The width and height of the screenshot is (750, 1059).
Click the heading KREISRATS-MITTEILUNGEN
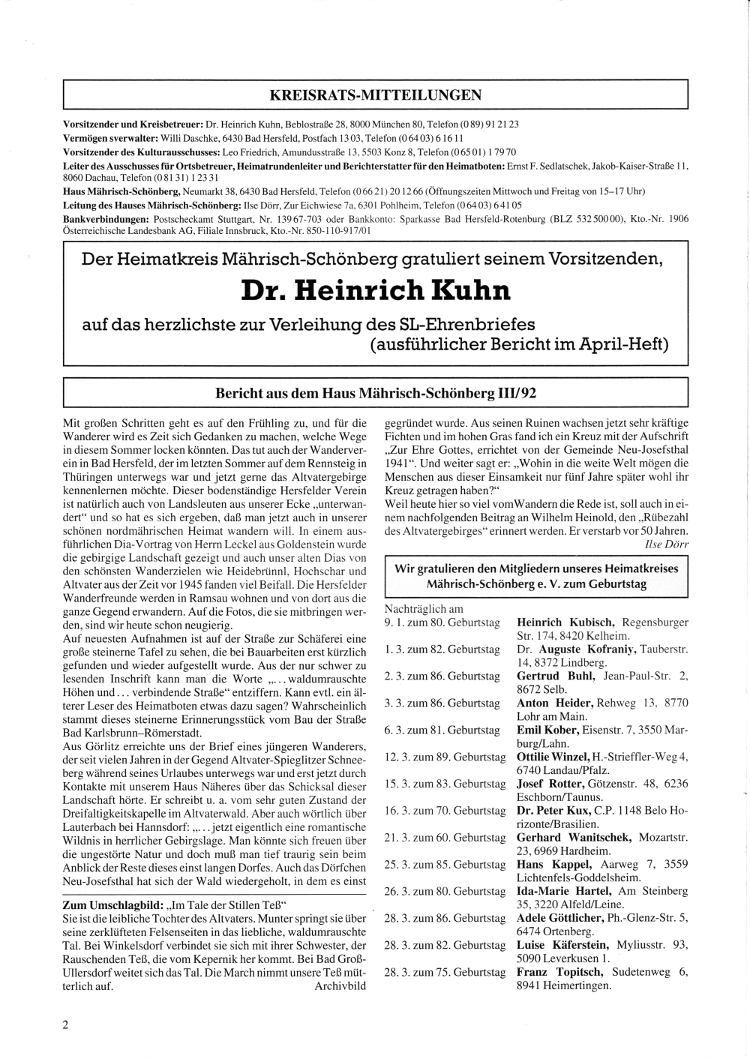pos(375,95)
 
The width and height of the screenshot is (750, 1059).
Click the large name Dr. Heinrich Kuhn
pos(376,290)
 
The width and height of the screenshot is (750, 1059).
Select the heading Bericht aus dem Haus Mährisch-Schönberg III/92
pos(376,393)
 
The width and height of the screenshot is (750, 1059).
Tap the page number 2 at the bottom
pos(66,1025)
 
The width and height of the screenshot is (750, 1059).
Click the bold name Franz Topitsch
pos(560,972)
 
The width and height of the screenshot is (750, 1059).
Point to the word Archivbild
pos(340,986)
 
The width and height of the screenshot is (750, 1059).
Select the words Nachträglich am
pos(424,609)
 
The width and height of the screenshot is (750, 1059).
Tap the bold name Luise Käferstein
pos(562,945)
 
